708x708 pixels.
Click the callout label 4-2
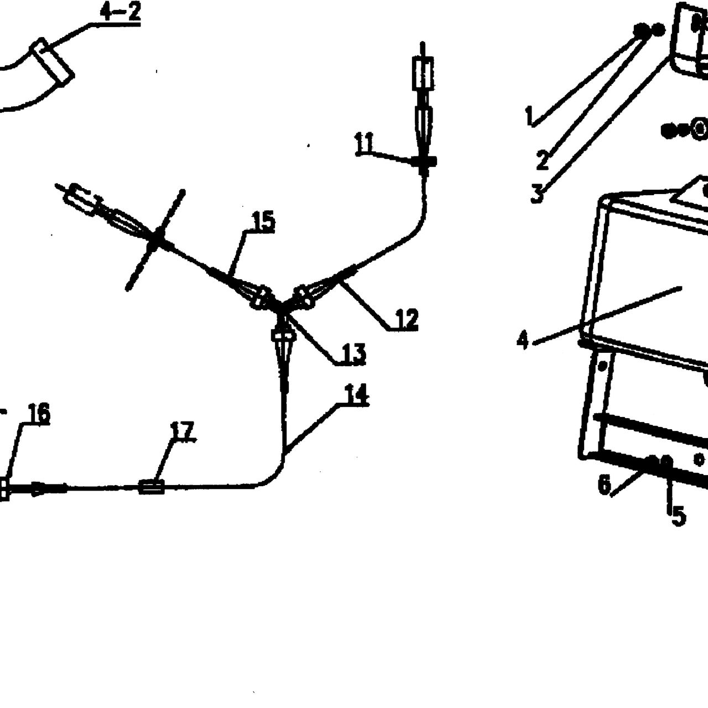(121, 12)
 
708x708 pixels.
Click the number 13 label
(354, 354)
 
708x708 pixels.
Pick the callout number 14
(357, 394)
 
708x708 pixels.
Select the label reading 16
(39, 413)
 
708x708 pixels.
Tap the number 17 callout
(183, 430)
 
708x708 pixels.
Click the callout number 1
(529, 116)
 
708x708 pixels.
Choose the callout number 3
(538, 193)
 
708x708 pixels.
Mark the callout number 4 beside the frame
(522, 340)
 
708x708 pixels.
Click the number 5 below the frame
(679, 516)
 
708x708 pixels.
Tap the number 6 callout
(605, 485)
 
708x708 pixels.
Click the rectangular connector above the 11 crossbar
(423, 74)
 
